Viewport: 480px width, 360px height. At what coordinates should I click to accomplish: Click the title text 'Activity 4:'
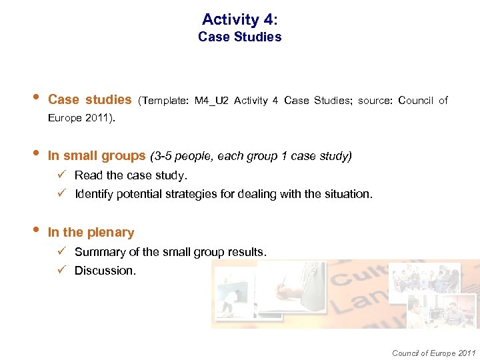[240, 19]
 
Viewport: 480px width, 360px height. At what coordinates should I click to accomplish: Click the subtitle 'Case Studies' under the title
[240, 37]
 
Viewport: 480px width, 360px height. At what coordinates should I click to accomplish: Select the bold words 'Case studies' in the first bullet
[90, 100]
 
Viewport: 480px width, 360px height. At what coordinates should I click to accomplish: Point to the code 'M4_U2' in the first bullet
[211, 101]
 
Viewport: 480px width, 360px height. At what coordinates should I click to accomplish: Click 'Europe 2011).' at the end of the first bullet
[81, 119]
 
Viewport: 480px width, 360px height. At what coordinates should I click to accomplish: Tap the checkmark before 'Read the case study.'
[60, 175]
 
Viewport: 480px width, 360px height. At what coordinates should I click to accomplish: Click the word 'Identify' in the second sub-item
[93, 194]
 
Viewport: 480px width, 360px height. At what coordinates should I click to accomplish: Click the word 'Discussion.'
[105, 271]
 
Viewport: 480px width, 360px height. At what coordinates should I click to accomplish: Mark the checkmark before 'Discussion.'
[60, 271]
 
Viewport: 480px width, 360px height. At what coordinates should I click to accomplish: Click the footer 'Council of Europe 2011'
[434, 353]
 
